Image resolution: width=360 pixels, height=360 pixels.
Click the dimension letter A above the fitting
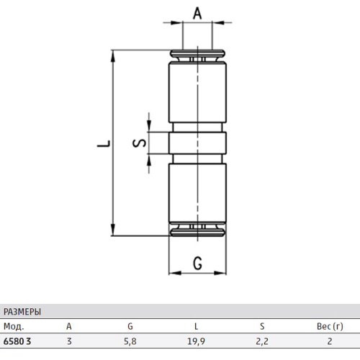(197, 13)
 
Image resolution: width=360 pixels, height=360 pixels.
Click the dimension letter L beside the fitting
(104, 143)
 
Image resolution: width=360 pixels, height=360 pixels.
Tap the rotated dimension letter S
(139, 143)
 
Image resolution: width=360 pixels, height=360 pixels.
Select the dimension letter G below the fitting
(197, 264)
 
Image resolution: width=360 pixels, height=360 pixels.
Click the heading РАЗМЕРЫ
(22, 312)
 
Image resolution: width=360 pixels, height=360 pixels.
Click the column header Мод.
(14, 326)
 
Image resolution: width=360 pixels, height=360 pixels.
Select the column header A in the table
(69, 326)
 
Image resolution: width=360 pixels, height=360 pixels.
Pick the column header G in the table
(130, 326)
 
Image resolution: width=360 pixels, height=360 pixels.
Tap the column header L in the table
(197, 326)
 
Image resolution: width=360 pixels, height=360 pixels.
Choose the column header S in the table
(262, 326)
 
